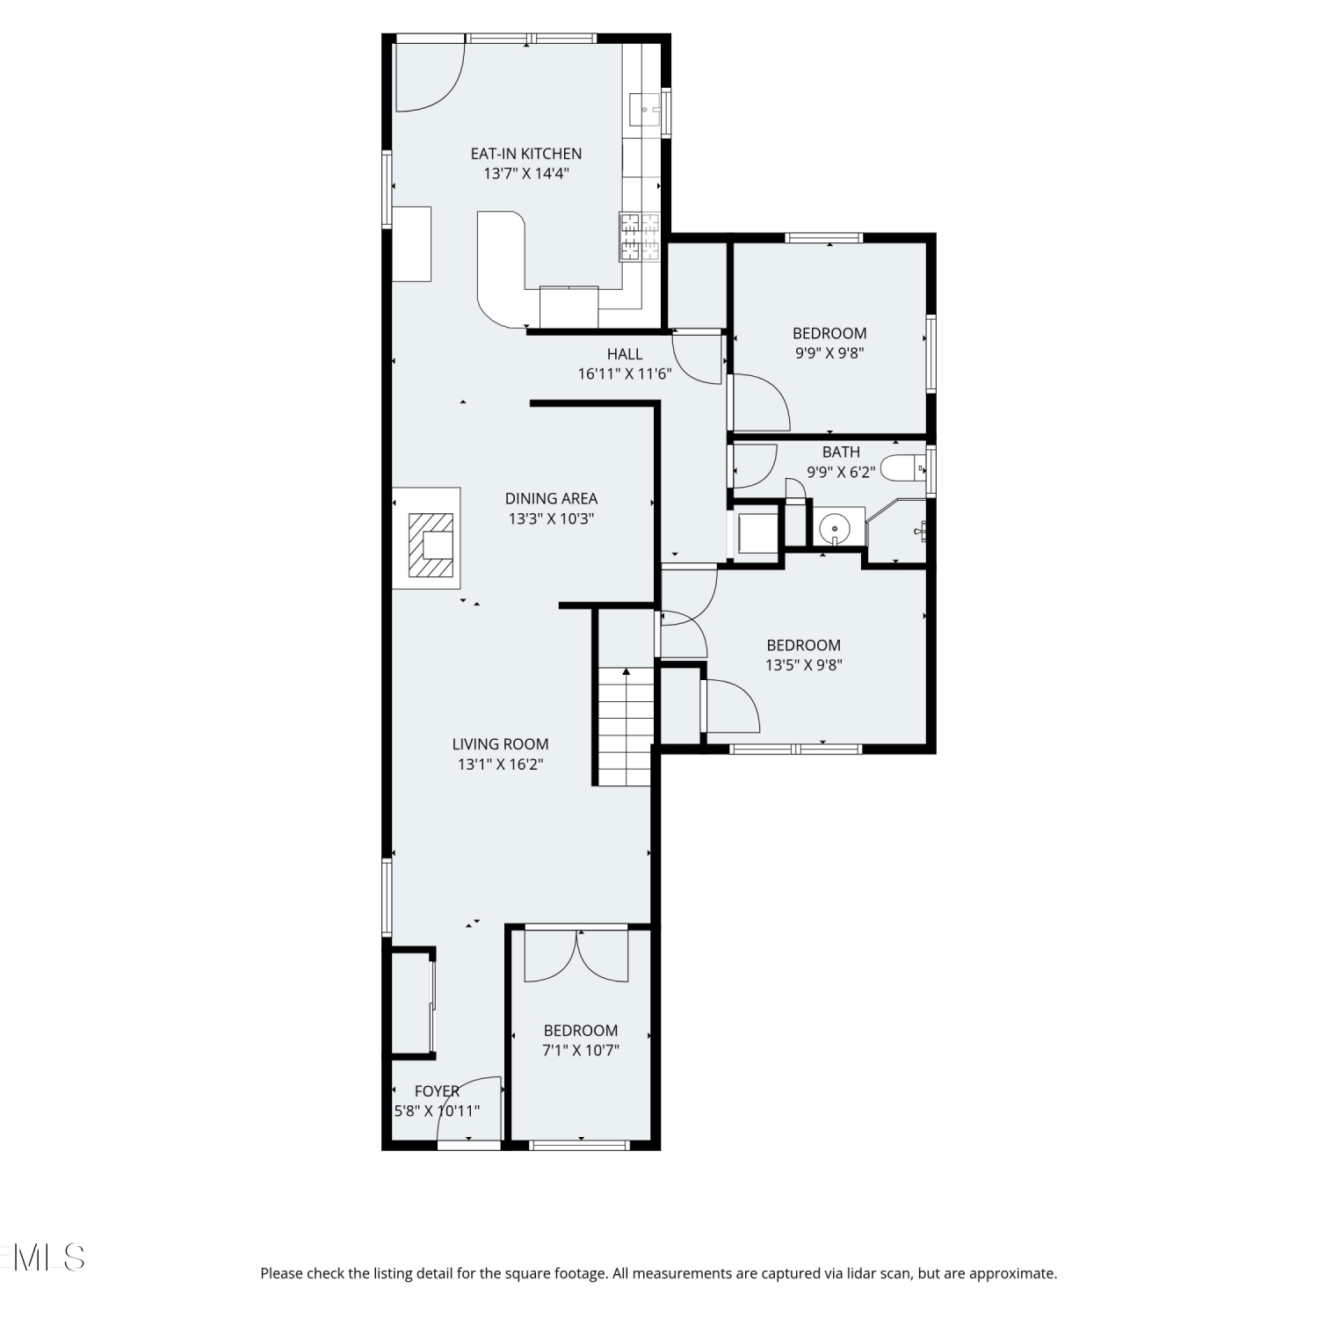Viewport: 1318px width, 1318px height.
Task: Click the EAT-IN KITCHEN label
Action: (525, 154)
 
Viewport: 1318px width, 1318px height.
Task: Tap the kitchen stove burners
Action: (639, 237)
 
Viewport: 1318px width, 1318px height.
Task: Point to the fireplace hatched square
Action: (431, 546)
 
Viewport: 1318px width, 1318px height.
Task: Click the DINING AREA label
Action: (551, 498)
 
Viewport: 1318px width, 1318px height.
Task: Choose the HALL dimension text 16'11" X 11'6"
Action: (625, 373)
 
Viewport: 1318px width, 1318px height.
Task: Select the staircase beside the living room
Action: (626, 726)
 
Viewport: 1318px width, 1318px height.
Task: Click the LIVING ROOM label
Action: (500, 744)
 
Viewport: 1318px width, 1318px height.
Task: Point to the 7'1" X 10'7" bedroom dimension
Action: (581, 1050)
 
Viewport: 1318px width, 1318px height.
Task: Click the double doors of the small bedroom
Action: (576, 955)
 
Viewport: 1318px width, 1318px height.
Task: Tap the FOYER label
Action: (437, 1090)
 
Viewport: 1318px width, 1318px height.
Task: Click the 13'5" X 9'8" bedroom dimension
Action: (803, 665)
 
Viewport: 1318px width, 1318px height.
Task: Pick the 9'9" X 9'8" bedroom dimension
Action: (829, 353)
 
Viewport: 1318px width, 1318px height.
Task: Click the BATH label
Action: (841, 452)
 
